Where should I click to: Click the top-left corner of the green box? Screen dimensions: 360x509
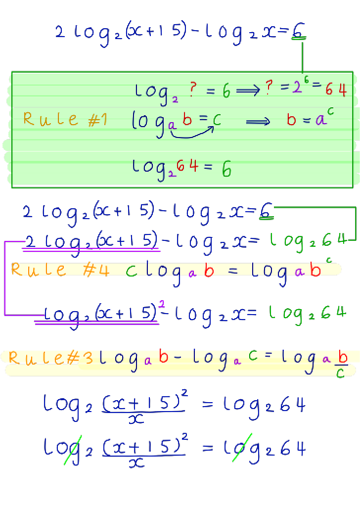12,72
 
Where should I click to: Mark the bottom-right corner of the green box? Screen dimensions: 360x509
353,187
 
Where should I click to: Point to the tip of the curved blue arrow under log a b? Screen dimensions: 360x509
213,127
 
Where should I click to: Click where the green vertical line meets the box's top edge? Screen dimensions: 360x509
303,72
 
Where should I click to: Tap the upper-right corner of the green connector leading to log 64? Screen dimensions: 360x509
356,207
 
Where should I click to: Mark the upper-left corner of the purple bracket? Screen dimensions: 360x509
5,241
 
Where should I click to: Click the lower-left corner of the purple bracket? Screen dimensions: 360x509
5,315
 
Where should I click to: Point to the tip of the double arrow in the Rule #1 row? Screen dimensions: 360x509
270,122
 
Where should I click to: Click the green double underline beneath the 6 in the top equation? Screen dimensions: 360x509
299,38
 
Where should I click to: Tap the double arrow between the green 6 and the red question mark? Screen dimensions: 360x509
248,90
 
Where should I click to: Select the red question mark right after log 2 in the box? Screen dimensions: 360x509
193,89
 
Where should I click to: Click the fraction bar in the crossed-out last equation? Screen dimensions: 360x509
144,455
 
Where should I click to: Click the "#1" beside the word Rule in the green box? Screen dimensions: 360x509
97,120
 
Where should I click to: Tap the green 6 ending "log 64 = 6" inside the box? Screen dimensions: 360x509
226,169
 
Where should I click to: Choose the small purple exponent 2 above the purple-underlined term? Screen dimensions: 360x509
162,304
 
